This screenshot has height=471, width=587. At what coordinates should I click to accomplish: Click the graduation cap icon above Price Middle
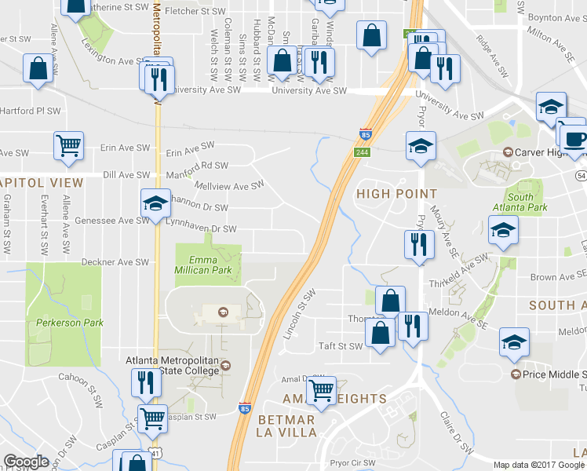514,342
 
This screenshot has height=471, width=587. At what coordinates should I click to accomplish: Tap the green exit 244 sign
362,151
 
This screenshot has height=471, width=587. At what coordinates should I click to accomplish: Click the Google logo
26,462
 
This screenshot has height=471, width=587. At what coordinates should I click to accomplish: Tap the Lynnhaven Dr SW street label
201,228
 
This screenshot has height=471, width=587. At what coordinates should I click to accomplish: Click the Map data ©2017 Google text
538,465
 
